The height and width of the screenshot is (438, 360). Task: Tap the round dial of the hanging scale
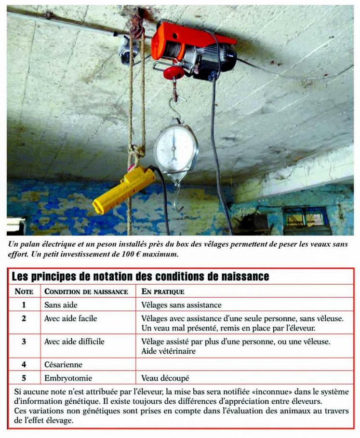point(174,146)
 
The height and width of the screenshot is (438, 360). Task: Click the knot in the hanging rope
point(137,152)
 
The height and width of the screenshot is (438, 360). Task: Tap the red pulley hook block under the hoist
point(173,73)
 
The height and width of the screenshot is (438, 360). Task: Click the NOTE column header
point(24,292)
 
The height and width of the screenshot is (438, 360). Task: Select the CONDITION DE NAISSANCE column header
point(86,292)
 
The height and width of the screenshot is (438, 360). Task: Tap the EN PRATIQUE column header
point(162,292)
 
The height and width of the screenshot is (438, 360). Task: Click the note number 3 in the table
point(24,342)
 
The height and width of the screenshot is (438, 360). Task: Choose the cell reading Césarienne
point(63,365)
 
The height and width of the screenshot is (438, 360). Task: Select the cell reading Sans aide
point(60,305)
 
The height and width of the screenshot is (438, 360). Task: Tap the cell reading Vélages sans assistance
point(181,305)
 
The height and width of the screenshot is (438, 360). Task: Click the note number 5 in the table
point(24,378)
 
